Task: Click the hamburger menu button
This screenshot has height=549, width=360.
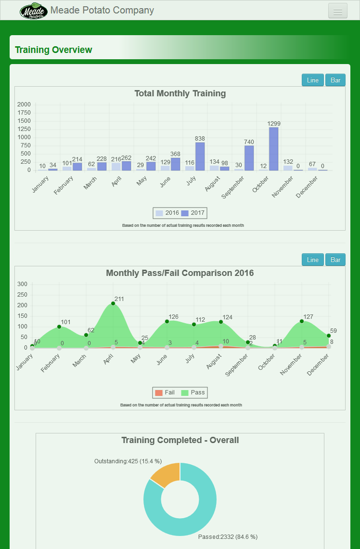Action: point(337,11)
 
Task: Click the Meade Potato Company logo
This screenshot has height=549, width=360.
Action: point(34,11)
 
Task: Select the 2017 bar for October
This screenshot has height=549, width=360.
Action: point(273,149)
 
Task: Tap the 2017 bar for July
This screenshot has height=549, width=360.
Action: point(200,156)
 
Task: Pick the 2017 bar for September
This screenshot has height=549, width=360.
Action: point(249,158)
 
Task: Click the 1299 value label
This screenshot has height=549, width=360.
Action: point(274,124)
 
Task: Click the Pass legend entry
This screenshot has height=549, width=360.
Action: point(193,392)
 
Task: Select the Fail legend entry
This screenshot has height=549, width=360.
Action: point(165,392)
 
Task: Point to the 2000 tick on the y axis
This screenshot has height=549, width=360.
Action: point(24,105)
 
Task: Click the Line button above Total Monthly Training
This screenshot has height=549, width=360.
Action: point(313,80)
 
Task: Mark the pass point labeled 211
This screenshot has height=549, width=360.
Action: point(113,303)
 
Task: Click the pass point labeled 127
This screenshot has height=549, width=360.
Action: point(302,321)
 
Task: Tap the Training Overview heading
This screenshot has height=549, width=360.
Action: point(53,50)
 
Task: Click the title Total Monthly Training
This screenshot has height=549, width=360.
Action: point(180,93)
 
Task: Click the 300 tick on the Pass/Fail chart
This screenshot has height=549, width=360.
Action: point(23,284)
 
